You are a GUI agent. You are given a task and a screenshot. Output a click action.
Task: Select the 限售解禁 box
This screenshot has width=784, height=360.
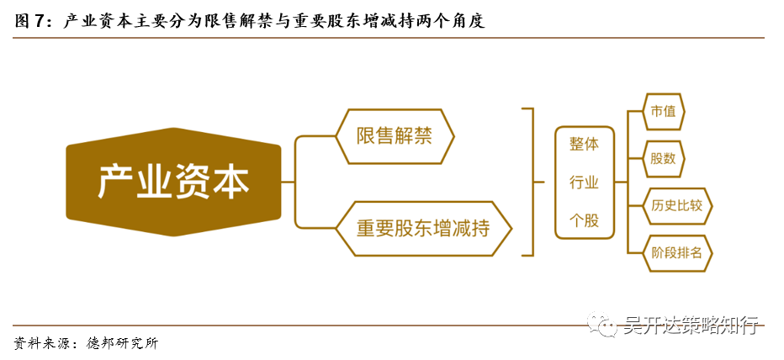pyautogui.click(x=395, y=135)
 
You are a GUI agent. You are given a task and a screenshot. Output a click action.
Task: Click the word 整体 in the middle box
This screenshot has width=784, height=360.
pyautogui.click(x=584, y=144)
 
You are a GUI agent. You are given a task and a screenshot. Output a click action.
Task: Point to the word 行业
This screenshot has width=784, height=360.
pyautogui.click(x=584, y=183)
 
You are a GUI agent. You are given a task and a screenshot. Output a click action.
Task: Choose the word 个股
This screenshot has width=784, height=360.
pyautogui.click(x=584, y=220)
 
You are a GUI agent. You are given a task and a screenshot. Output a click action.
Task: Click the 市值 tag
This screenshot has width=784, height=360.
pyautogui.click(x=663, y=112)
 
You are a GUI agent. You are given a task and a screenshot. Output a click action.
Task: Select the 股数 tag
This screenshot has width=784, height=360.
pyautogui.click(x=663, y=158)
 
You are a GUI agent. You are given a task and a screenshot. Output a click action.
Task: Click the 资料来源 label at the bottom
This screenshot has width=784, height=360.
pyautogui.click(x=40, y=343)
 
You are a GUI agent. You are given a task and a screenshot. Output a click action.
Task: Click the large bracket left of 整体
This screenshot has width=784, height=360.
pyautogui.click(x=530, y=182)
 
